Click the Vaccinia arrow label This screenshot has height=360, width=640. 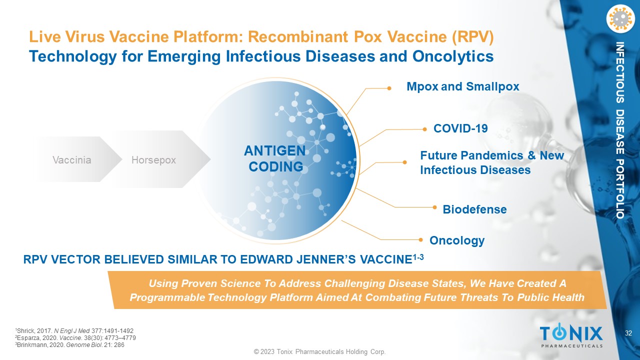coord(71,160)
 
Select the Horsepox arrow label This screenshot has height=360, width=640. coord(153,160)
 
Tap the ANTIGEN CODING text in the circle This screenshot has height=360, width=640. coord(275,158)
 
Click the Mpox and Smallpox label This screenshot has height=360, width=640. coord(463,86)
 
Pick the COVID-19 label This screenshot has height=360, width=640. coord(460,128)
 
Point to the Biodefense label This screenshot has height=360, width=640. coord(474,209)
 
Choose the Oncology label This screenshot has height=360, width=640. coord(457,240)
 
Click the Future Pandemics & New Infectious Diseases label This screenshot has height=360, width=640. coord(492,162)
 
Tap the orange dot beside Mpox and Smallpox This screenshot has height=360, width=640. coord(389,88)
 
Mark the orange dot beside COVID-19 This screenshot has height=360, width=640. coord(424,129)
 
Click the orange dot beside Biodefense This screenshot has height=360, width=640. coord(434,207)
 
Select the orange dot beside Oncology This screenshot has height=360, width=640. coord(420,239)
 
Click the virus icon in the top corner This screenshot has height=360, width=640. coord(620,18)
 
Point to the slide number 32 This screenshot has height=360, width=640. coord(628,333)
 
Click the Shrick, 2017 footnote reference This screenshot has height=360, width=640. coord(74,331)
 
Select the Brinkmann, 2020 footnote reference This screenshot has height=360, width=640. coord(69,345)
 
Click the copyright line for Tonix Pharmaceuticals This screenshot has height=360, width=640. coord(319,351)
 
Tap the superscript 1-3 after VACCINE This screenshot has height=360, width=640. coord(418,257)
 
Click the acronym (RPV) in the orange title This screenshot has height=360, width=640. coord(473,37)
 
